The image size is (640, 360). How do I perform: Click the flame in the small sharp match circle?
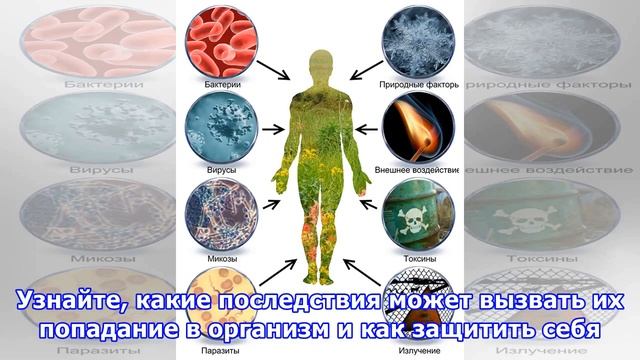[x=411, y=128]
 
